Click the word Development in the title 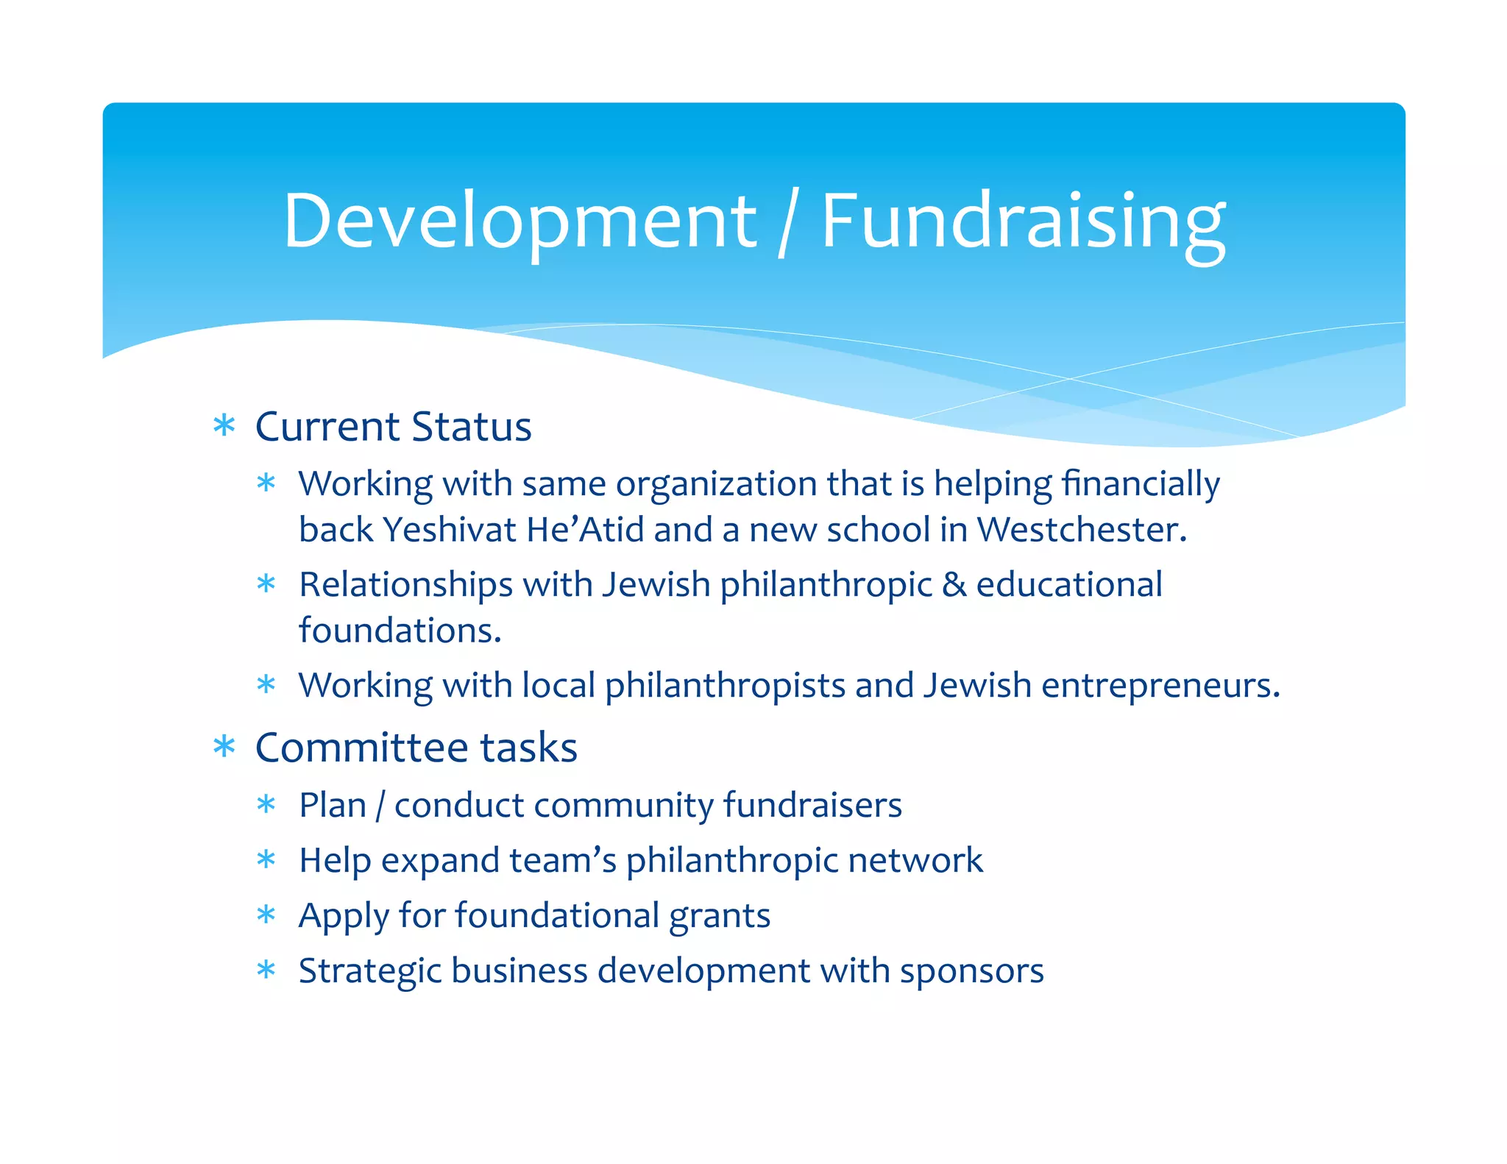click(x=520, y=221)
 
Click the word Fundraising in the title click(x=1023, y=221)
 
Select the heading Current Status click(x=393, y=427)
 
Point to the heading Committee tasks click(x=416, y=748)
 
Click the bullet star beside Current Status click(x=224, y=425)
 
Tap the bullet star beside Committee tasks click(x=224, y=747)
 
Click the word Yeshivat click(x=450, y=530)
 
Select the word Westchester click(x=1081, y=530)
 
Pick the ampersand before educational click(x=954, y=585)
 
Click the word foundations click(x=400, y=631)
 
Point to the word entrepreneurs click(x=1160, y=686)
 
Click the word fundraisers click(x=812, y=805)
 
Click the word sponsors click(x=971, y=971)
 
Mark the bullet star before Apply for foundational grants click(x=266, y=915)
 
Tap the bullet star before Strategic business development click(x=266, y=970)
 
